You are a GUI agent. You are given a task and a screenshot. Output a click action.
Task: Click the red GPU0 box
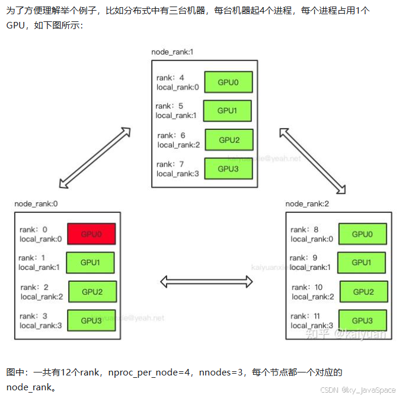(x=91, y=234)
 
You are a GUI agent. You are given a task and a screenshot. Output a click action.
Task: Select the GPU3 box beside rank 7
(x=228, y=169)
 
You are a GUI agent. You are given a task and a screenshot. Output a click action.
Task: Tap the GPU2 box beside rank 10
(x=364, y=292)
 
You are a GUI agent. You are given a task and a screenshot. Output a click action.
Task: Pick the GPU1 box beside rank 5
(x=227, y=111)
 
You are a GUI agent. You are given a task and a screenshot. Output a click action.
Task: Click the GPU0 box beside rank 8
(x=362, y=234)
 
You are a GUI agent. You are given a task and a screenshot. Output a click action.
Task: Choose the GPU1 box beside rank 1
(x=90, y=262)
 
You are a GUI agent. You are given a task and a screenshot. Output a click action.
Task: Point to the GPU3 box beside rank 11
(x=362, y=321)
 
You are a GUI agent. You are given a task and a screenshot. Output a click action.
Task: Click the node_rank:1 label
(x=172, y=52)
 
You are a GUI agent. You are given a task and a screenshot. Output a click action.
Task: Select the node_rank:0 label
(x=36, y=203)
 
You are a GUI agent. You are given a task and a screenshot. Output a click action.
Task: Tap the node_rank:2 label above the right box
(x=307, y=203)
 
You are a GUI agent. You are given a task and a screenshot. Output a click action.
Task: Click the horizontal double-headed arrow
(x=207, y=282)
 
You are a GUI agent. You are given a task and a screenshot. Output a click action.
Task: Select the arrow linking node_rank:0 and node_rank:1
(x=95, y=156)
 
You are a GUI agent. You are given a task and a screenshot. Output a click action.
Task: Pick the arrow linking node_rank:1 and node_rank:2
(x=312, y=160)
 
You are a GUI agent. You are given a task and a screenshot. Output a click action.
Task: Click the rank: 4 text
(x=170, y=78)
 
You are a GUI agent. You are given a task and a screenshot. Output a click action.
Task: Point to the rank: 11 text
(x=307, y=316)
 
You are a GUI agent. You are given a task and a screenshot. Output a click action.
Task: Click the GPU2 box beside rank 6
(x=229, y=140)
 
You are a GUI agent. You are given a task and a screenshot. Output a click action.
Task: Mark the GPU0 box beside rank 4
(x=228, y=82)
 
